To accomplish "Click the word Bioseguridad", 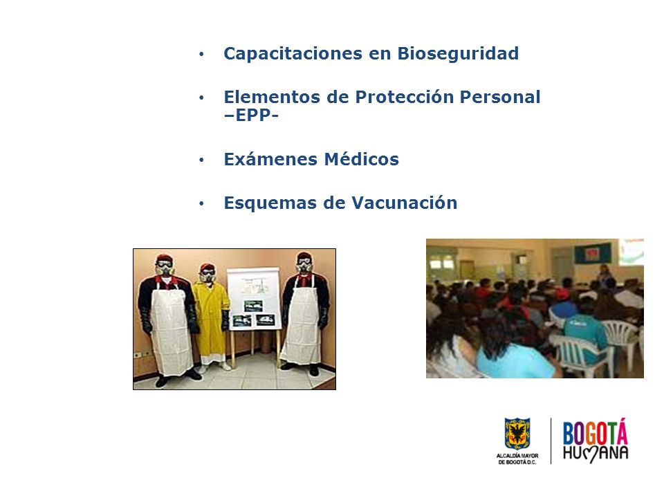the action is [458, 54].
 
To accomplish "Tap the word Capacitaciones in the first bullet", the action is [293, 54].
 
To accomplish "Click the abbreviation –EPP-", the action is [251, 116].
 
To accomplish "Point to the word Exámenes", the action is [270, 159].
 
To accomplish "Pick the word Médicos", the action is [362, 159].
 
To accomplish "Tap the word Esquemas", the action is [270, 203].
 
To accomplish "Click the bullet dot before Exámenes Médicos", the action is [201, 160].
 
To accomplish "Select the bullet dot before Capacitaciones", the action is [201, 54].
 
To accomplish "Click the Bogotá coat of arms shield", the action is [517, 434].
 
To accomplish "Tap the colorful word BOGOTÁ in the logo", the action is [595, 432].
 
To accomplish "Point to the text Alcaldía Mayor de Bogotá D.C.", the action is [517, 459].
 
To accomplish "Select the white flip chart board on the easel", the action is [254, 299].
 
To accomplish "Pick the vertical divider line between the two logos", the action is [551, 441].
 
